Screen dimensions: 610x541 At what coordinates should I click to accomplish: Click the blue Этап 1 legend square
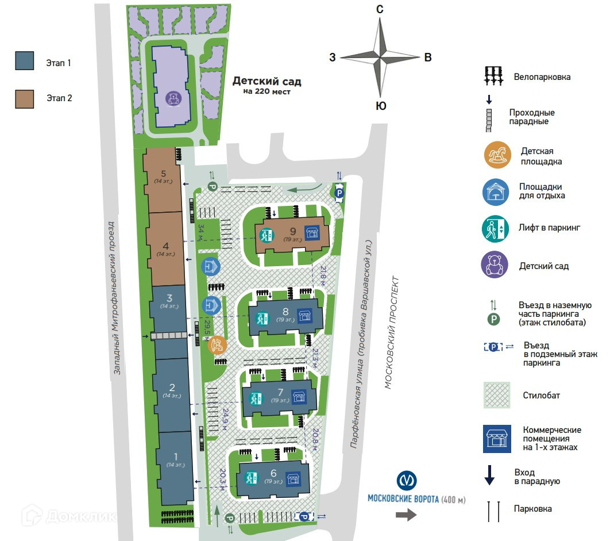tap(25, 60)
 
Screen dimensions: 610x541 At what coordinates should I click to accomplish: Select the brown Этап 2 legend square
tap(25, 98)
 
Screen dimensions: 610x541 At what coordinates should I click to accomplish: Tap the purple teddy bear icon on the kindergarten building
tap(173, 98)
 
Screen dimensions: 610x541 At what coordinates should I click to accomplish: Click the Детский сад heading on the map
tap(267, 82)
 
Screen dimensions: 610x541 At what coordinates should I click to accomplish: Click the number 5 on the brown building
tap(164, 173)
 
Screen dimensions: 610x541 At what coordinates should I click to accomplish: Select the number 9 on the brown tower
tap(285, 231)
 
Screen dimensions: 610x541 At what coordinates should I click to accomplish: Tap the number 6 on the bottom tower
tap(273, 473)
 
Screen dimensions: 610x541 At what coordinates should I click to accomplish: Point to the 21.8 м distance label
tap(323, 273)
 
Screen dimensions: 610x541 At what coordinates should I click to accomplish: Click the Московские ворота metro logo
tap(407, 481)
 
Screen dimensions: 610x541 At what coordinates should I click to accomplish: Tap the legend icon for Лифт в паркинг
tap(495, 228)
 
